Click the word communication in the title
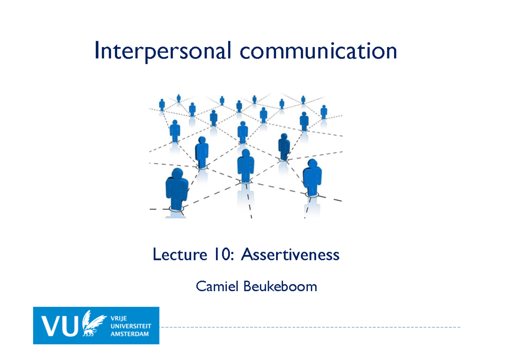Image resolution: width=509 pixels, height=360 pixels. [318, 51]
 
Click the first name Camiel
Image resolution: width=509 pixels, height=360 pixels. [216, 287]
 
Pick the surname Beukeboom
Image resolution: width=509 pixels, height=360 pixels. [280, 287]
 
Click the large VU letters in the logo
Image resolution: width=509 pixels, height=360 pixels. [59, 326]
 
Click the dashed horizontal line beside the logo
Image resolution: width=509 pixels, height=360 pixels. [310, 327]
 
